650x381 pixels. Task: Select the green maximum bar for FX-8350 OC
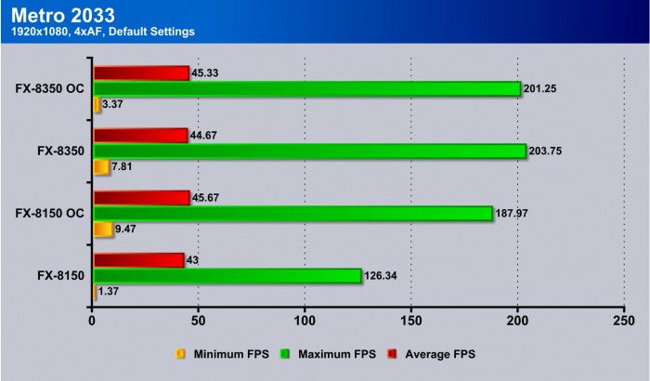pos(306,89)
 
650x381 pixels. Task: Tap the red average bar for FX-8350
pos(140,136)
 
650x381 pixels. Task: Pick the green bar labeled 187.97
pos(292,214)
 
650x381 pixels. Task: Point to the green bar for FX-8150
pos(227,275)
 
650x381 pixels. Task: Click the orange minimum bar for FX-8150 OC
pos(102,229)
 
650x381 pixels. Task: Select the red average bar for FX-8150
pos(138,260)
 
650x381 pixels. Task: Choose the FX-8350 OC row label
pos(49,89)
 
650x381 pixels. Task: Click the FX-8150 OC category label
pos(49,214)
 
